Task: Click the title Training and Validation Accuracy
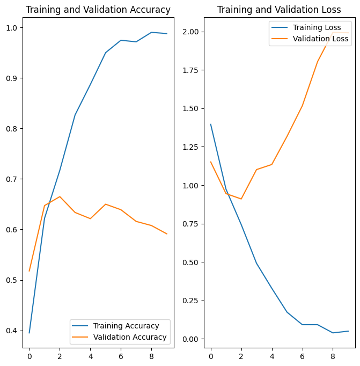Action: pos(98,10)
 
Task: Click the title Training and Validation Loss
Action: pos(279,10)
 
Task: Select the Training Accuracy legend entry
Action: pos(126,326)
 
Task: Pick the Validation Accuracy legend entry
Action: pos(129,338)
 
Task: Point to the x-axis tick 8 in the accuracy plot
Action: pos(151,355)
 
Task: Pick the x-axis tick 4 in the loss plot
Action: pos(272,355)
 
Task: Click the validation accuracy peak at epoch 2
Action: pos(60,196)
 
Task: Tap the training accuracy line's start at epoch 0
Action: pos(29,333)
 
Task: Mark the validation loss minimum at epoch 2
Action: pos(241,199)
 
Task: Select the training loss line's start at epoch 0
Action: pos(211,125)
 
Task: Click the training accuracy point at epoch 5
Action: pos(106,53)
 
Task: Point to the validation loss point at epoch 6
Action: pos(303,106)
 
